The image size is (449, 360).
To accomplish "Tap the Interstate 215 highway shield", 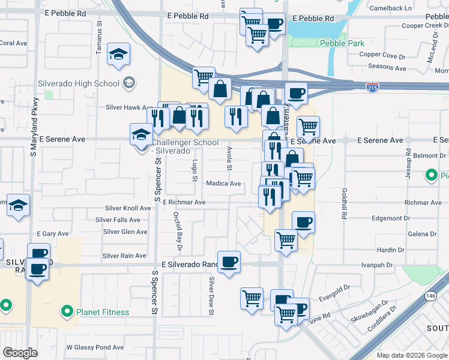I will tap(372, 88).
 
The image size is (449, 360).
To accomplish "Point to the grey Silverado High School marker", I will tap(128, 82).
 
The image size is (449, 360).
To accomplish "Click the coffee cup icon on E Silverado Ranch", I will tap(229, 262).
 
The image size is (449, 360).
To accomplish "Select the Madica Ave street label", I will tap(223, 184).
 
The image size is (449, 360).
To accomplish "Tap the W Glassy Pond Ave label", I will tap(95, 347).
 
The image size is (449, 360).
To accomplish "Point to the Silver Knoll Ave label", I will tap(128, 208).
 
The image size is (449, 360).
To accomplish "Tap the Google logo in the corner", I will tap(20, 353).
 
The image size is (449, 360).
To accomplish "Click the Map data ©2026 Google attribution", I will tap(412, 355).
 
